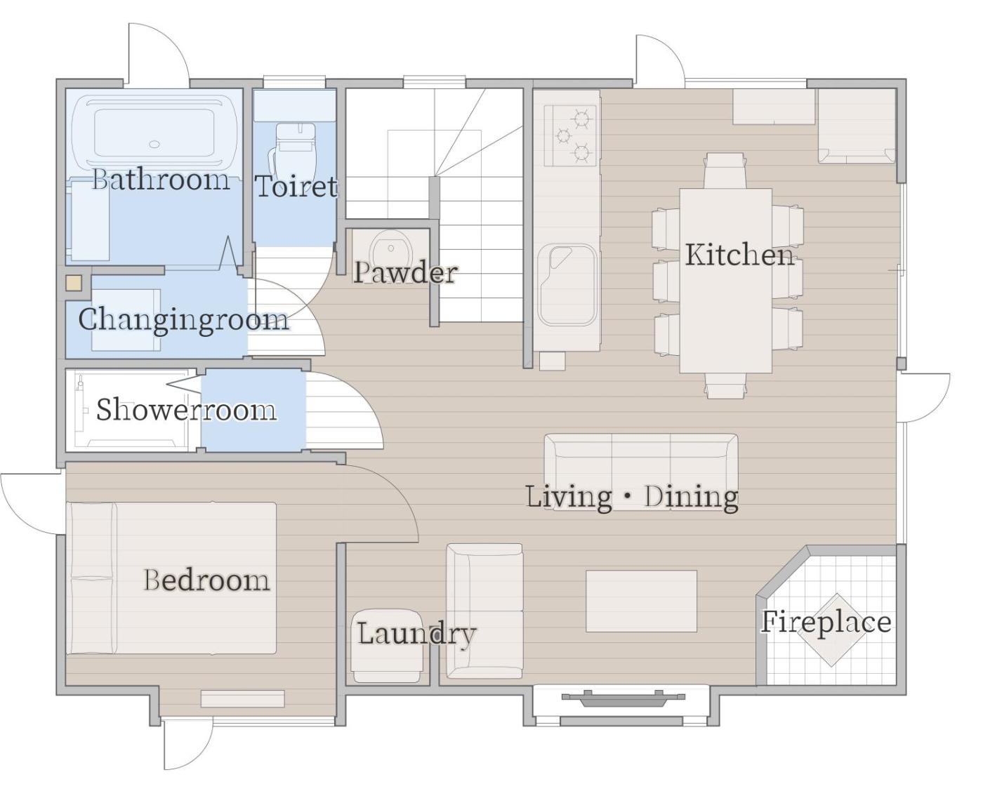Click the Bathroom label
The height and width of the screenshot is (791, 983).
161,180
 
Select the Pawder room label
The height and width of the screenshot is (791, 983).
405,272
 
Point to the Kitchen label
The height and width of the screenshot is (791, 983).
739,254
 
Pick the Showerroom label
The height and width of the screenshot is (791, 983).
186,410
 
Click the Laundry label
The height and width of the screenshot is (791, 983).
416,634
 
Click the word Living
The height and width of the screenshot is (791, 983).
569,498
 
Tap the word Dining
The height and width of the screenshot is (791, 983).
691,498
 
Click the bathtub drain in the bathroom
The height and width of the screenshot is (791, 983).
154,145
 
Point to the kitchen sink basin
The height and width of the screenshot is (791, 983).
567,285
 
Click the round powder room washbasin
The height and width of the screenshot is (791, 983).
391,249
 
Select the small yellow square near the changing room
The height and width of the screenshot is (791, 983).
74,283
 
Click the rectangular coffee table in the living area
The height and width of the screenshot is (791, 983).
641,601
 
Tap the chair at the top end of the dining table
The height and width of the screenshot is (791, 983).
725,170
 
